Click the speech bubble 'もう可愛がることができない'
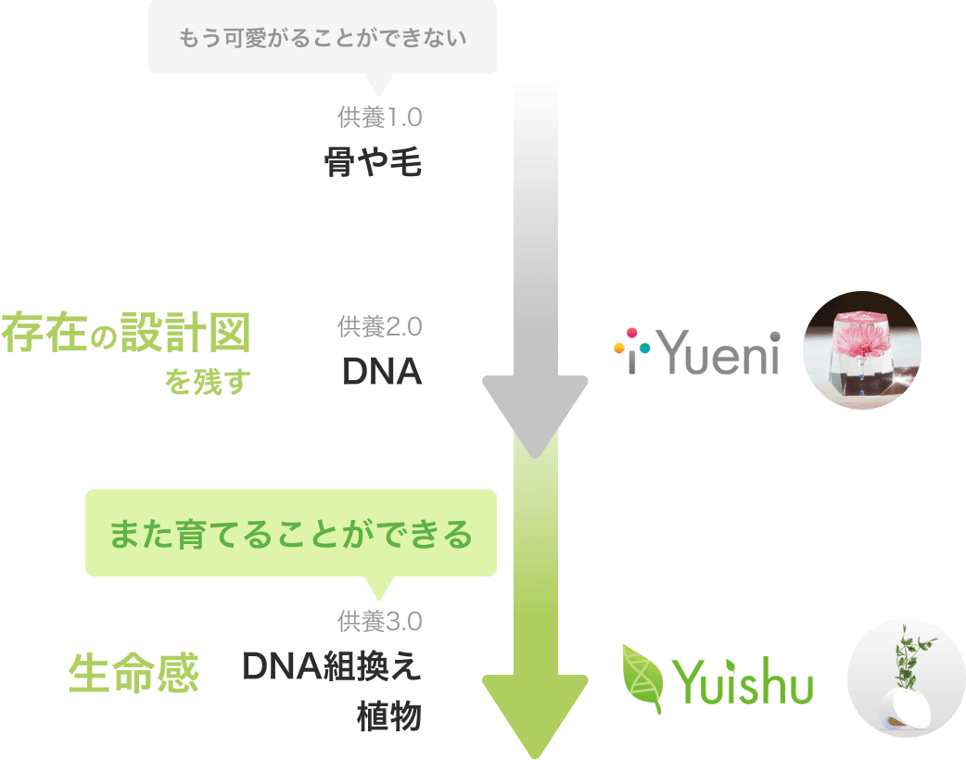tap(322, 38)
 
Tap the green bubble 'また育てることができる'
tap(291, 535)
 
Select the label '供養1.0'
tap(380, 118)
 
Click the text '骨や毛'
tap(373, 163)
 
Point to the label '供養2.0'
tap(380, 326)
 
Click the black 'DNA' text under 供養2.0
tap(382, 372)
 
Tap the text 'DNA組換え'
tap(332, 666)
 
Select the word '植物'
tap(389, 716)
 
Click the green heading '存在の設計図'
tap(126, 334)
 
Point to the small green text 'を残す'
tap(208, 382)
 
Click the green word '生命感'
tap(134, 674)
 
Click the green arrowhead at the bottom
tap(535, 713)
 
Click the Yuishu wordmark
tap(746, 686)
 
